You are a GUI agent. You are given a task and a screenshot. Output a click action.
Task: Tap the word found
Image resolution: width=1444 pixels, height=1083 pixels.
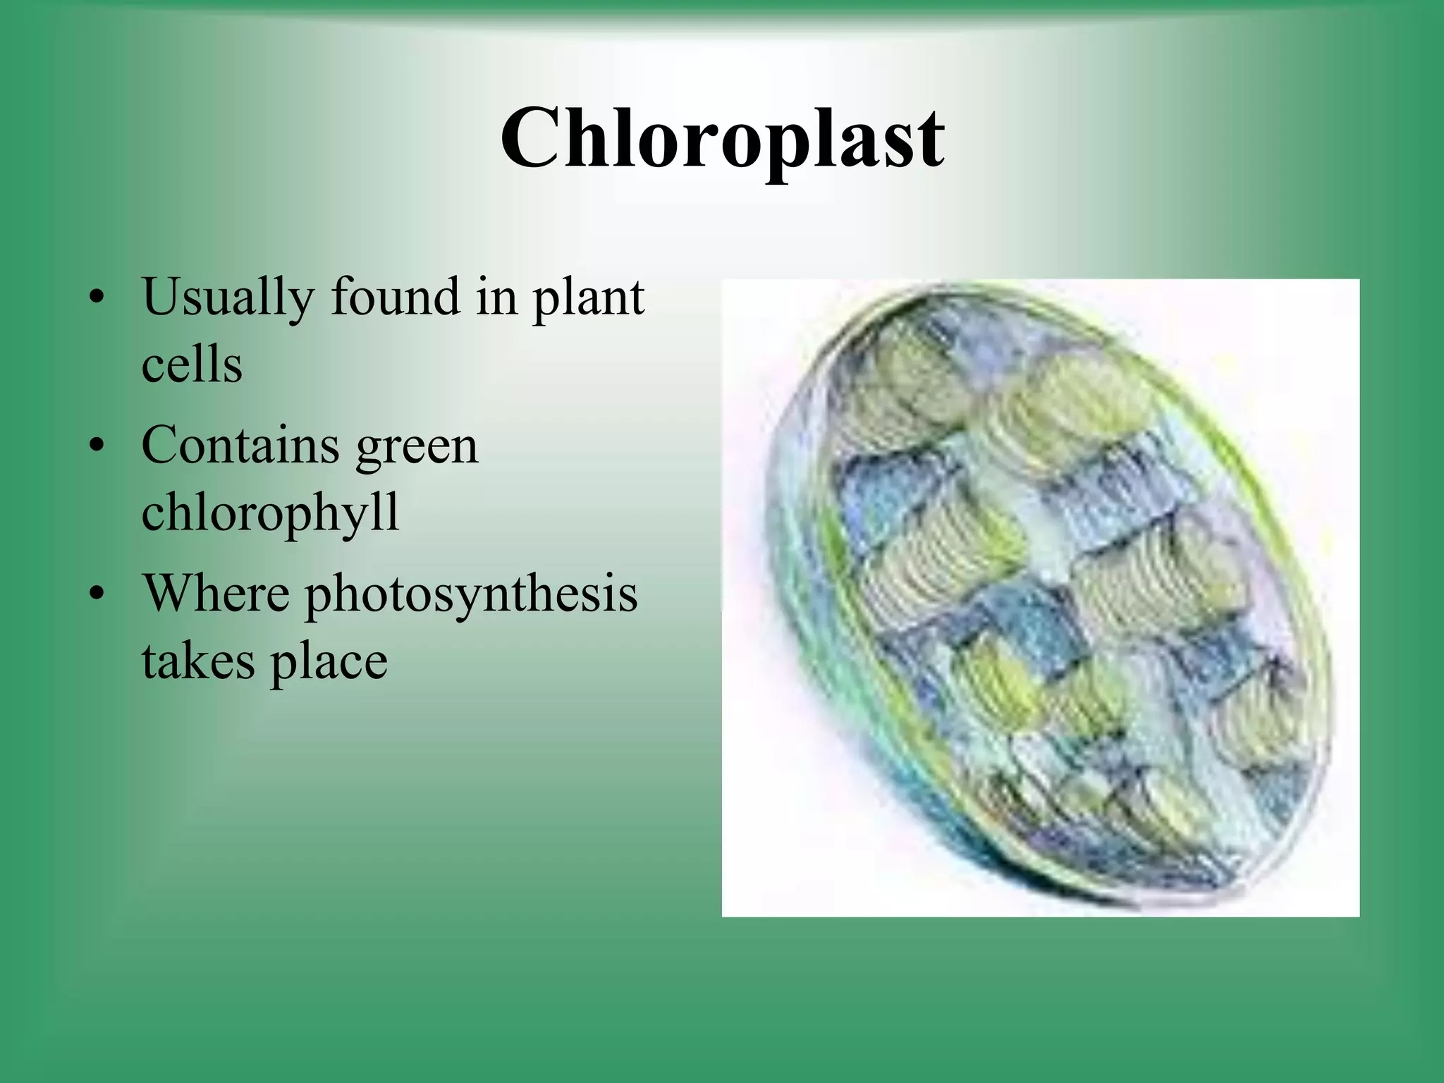(x=395, y=296)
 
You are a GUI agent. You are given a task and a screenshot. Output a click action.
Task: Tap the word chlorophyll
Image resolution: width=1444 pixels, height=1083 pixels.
(x=270, y=513)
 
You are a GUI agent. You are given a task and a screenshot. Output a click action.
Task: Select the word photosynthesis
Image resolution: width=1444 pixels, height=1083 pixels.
(x=471, y=595)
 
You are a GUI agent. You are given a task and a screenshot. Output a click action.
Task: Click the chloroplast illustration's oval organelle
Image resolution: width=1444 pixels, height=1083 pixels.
(x=1058, y=599)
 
